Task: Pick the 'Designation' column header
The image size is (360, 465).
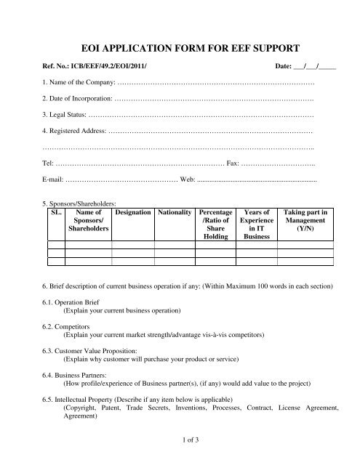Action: (x=133, y=212)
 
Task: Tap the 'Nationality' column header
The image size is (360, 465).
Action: (x=175, y=212)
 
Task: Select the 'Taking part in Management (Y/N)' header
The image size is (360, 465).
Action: (x=310, y=220)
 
